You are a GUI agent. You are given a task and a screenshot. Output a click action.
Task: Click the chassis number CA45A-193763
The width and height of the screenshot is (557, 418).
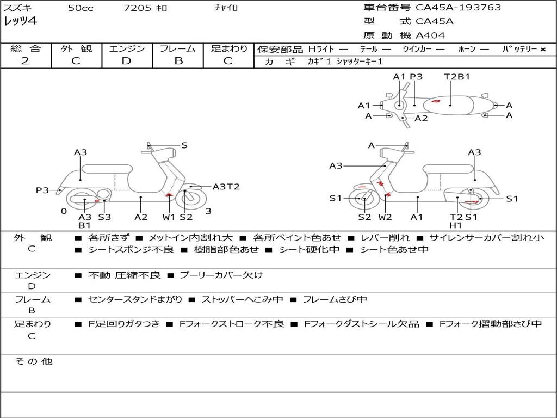[x=458, y=8]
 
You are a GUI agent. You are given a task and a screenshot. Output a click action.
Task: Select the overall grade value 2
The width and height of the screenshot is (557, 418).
[x=25, y=61]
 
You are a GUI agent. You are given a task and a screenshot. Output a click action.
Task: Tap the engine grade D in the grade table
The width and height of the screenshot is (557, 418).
[x=127, y=61]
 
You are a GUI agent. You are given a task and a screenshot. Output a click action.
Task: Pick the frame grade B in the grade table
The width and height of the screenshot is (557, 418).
[x=178, y=61]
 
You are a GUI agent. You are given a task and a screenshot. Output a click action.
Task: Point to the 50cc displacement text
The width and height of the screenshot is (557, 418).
[x=81, y=8]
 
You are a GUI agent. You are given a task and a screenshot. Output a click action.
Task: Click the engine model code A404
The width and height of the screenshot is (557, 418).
[x=430, y=35]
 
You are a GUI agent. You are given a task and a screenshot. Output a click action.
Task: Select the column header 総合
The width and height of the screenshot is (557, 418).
[x=26, y=48]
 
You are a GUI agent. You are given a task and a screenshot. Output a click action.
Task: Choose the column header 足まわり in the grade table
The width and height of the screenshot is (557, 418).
[x=229, y=48]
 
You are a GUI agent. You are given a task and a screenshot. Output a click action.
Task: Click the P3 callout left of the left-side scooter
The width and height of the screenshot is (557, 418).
[x=42, y=190]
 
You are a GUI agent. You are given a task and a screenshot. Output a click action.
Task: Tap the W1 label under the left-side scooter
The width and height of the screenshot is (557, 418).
[x=169, y=217]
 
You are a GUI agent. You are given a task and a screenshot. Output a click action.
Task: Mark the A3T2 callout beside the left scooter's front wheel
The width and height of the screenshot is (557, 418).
[x=226, y=187]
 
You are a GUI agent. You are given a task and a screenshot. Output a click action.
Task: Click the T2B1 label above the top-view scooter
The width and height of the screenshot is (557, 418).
[x=457, y=77]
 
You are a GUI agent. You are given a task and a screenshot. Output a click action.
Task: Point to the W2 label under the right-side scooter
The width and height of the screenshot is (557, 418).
[x=385, y=217]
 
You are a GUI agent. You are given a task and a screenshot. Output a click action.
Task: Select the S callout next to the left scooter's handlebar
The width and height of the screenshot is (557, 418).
[x=184, y=145]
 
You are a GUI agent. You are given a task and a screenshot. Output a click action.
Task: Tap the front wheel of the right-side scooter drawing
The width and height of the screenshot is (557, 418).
[x=364, y=199]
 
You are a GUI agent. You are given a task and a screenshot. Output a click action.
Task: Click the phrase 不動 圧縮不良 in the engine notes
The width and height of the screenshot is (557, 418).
[x=124, y=275]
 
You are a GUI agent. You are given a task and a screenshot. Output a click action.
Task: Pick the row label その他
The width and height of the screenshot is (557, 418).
[x=34, y=361]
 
